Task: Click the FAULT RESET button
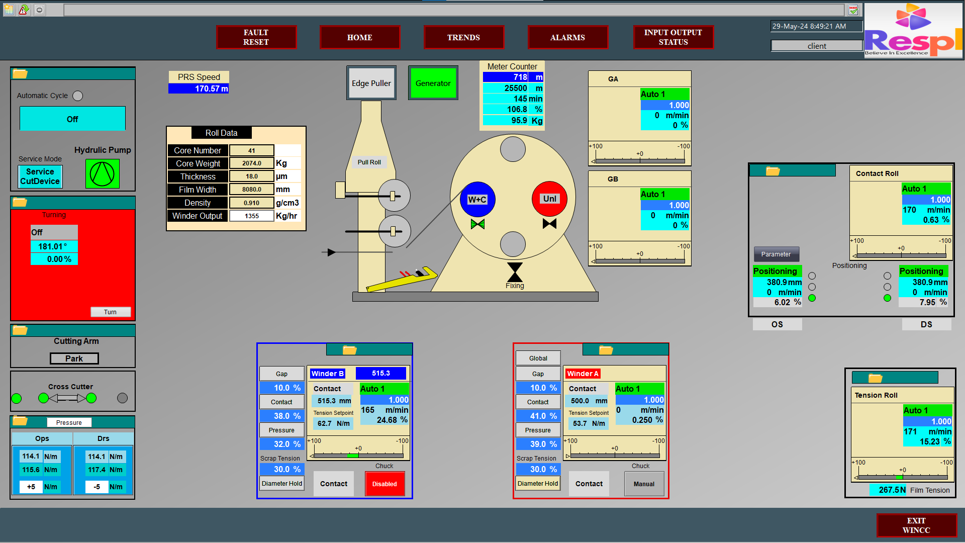pos(256,37)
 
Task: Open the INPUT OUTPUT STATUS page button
pos(673,37)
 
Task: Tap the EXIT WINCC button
pos(916,525)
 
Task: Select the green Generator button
pos(433,83)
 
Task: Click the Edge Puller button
pos(371,83)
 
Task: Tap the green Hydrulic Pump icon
pos(102,173)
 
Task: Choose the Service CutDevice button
pos(40,176)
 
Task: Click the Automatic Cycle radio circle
pos(77,96)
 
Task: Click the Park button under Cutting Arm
pos(74,358)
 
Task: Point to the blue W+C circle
pos(477,199)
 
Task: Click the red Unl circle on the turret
pos(549,199)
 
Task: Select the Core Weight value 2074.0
pos(251,163)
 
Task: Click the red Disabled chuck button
pos(384,484)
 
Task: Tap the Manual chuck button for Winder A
pos(644,484)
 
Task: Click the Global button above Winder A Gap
pos(538,358)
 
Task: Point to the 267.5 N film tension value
pos(889,490)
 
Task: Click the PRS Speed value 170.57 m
pos(199,88)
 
